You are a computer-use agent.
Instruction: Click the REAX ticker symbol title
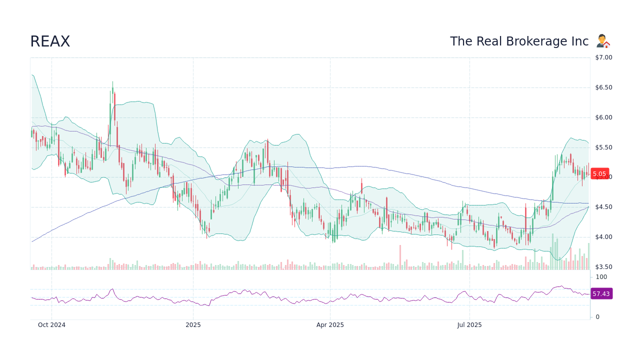click(50, 41)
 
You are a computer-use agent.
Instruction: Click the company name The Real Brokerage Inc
click(519, 41)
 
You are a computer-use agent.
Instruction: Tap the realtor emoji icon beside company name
click(603, 41)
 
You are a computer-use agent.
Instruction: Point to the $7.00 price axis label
click(603, 57)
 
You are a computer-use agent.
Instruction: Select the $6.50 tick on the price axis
click(603, 87)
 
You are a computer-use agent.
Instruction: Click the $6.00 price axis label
click(603, 117)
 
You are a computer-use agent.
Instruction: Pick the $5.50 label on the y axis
click(603, 147)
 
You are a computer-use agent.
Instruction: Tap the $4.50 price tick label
click(603, 207)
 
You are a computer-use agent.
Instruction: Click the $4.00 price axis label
click(603, 237)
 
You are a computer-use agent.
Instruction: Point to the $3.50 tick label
click(603, 267)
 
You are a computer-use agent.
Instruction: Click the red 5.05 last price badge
click(599, 174)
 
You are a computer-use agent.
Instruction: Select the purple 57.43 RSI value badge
click(601, 294)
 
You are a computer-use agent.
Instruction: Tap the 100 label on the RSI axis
click(601, 277)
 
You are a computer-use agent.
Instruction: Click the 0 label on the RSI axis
click(597, 317)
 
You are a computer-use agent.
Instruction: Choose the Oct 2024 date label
click(51, 325)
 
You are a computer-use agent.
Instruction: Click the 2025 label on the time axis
click(193, 325)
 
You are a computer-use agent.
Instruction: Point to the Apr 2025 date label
click(330, 325)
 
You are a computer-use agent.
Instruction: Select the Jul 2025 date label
click(469, 325)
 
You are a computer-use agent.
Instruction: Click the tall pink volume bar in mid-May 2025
click(400, 257)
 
